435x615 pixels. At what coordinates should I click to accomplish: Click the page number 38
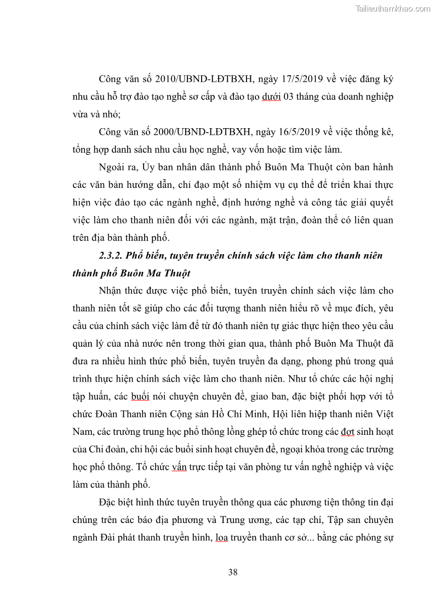tap(233, 572)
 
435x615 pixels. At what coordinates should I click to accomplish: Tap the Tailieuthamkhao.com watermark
tap(393, 9)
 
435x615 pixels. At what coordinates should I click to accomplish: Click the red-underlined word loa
tap(222, 537)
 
